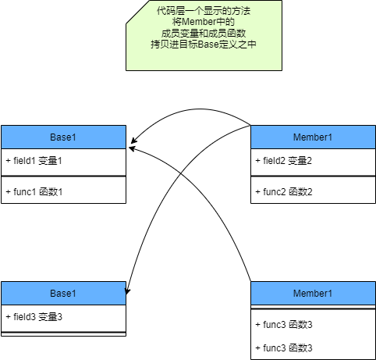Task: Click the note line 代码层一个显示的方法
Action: coord(204,11)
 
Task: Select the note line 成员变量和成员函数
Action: coord(204,34)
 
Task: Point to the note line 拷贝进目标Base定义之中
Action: coord(204,45)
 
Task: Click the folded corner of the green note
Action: coord(138,12)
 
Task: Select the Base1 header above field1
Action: coord(63,137)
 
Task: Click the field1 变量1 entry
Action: coord(34,161)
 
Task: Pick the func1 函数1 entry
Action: coord(34,192)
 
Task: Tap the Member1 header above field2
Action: coord(313,137)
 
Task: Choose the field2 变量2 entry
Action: coord(284,161)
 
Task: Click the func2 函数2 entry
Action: coord(284,192)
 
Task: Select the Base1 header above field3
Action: coord(63,294)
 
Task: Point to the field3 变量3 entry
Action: coord(34,317)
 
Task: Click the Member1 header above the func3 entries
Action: coord(313,294)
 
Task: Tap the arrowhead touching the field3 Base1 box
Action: coord(127,291)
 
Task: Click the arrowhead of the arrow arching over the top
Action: coord(133,141)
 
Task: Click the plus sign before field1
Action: coord(8,161)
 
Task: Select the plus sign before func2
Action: coord(257,192)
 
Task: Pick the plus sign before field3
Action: coord(8,317)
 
